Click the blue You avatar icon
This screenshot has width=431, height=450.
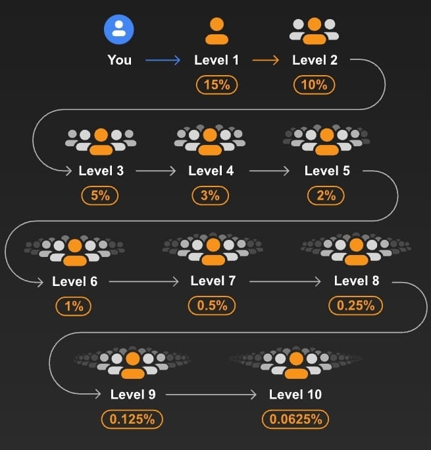119,29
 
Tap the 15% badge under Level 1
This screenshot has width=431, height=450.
216,84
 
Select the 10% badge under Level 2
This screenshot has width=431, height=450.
315,84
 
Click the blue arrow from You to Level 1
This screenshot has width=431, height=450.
163,61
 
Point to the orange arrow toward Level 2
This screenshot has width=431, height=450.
266,61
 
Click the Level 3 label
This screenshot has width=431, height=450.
101,171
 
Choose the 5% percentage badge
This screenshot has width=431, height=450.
100,195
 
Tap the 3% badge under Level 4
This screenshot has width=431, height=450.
211,195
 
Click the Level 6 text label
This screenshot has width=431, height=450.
75,281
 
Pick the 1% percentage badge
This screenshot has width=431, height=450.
74,306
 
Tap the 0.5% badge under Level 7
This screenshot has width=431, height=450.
212,306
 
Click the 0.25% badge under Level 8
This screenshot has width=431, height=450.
355,306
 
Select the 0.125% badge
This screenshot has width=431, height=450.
132,419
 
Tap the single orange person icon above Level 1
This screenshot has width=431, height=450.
216,30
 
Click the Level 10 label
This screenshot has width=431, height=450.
295,395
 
